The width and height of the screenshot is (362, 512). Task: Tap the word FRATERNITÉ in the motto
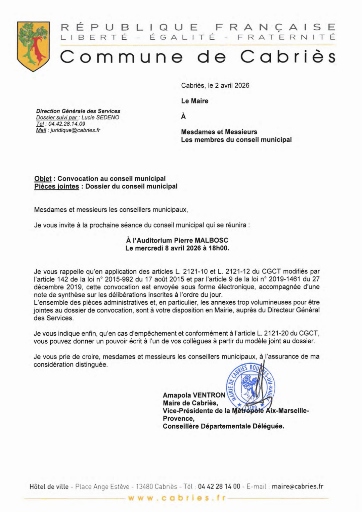click(286, 37)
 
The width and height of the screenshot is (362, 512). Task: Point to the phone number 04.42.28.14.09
click(66, 124)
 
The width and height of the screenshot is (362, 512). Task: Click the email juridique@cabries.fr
click(75, 130)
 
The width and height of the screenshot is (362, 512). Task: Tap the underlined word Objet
click(43, 179)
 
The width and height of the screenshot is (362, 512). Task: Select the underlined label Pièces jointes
click(56, 186)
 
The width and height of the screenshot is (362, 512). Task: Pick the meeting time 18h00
click(219, 248)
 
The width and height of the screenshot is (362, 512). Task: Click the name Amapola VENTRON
click(194, 395)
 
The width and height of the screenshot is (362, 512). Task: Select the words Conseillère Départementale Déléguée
click(223, 426)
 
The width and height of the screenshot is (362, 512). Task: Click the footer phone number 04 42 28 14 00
click(219, 486)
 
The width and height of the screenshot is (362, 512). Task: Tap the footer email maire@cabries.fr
click(297, 486)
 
